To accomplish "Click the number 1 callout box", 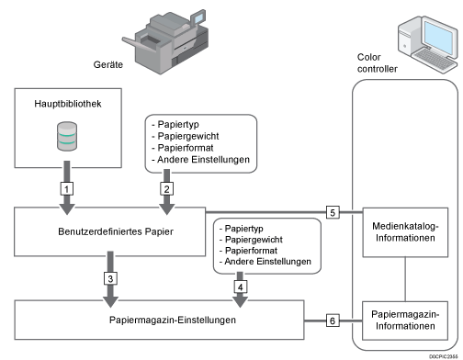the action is [x=67, y=188].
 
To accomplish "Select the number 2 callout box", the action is [x=166, y=188].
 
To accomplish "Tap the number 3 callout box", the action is [x=110, y=278].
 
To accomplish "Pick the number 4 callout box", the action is [x=240, y=287].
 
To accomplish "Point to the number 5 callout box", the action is [x=333, y=212].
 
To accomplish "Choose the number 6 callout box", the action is [x=333, y=321].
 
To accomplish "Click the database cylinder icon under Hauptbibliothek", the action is [x=67, y=136].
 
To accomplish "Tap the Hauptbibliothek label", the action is [x=68, y=104].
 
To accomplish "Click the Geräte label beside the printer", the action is [x=108, y=64].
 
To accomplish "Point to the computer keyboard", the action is [x=435, y=60].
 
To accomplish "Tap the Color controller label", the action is [x=378, y=62].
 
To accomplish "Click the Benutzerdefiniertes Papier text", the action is [x=116, y=231].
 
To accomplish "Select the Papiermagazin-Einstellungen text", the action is [x=173, y=320].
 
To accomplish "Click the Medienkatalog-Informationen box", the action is [x=405, y=232].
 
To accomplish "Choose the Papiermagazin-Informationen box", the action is [x=405, y=321].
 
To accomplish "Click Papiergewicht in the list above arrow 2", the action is [x=188, y=136].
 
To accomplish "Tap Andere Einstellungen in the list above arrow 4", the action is [x=267, y=262].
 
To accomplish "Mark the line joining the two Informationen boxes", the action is [x=405, y=279].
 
